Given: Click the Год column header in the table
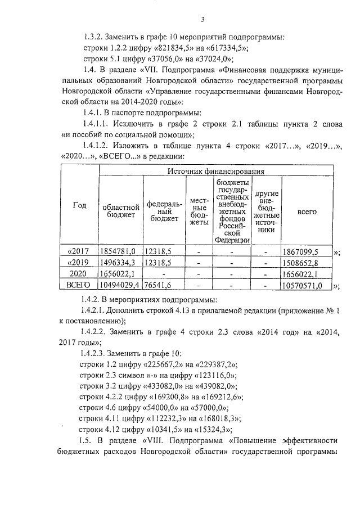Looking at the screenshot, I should (x=79, y=205).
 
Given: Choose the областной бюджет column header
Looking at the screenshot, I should (x=120, y=212).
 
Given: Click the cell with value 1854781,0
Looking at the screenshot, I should (x=120, y=251).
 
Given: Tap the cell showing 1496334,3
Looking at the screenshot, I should (x=120, y=263).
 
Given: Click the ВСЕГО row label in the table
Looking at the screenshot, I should (x=79, y=286).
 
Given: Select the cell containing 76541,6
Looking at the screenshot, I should (x=158, y=286).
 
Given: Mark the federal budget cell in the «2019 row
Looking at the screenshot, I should (x=158, y=263).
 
